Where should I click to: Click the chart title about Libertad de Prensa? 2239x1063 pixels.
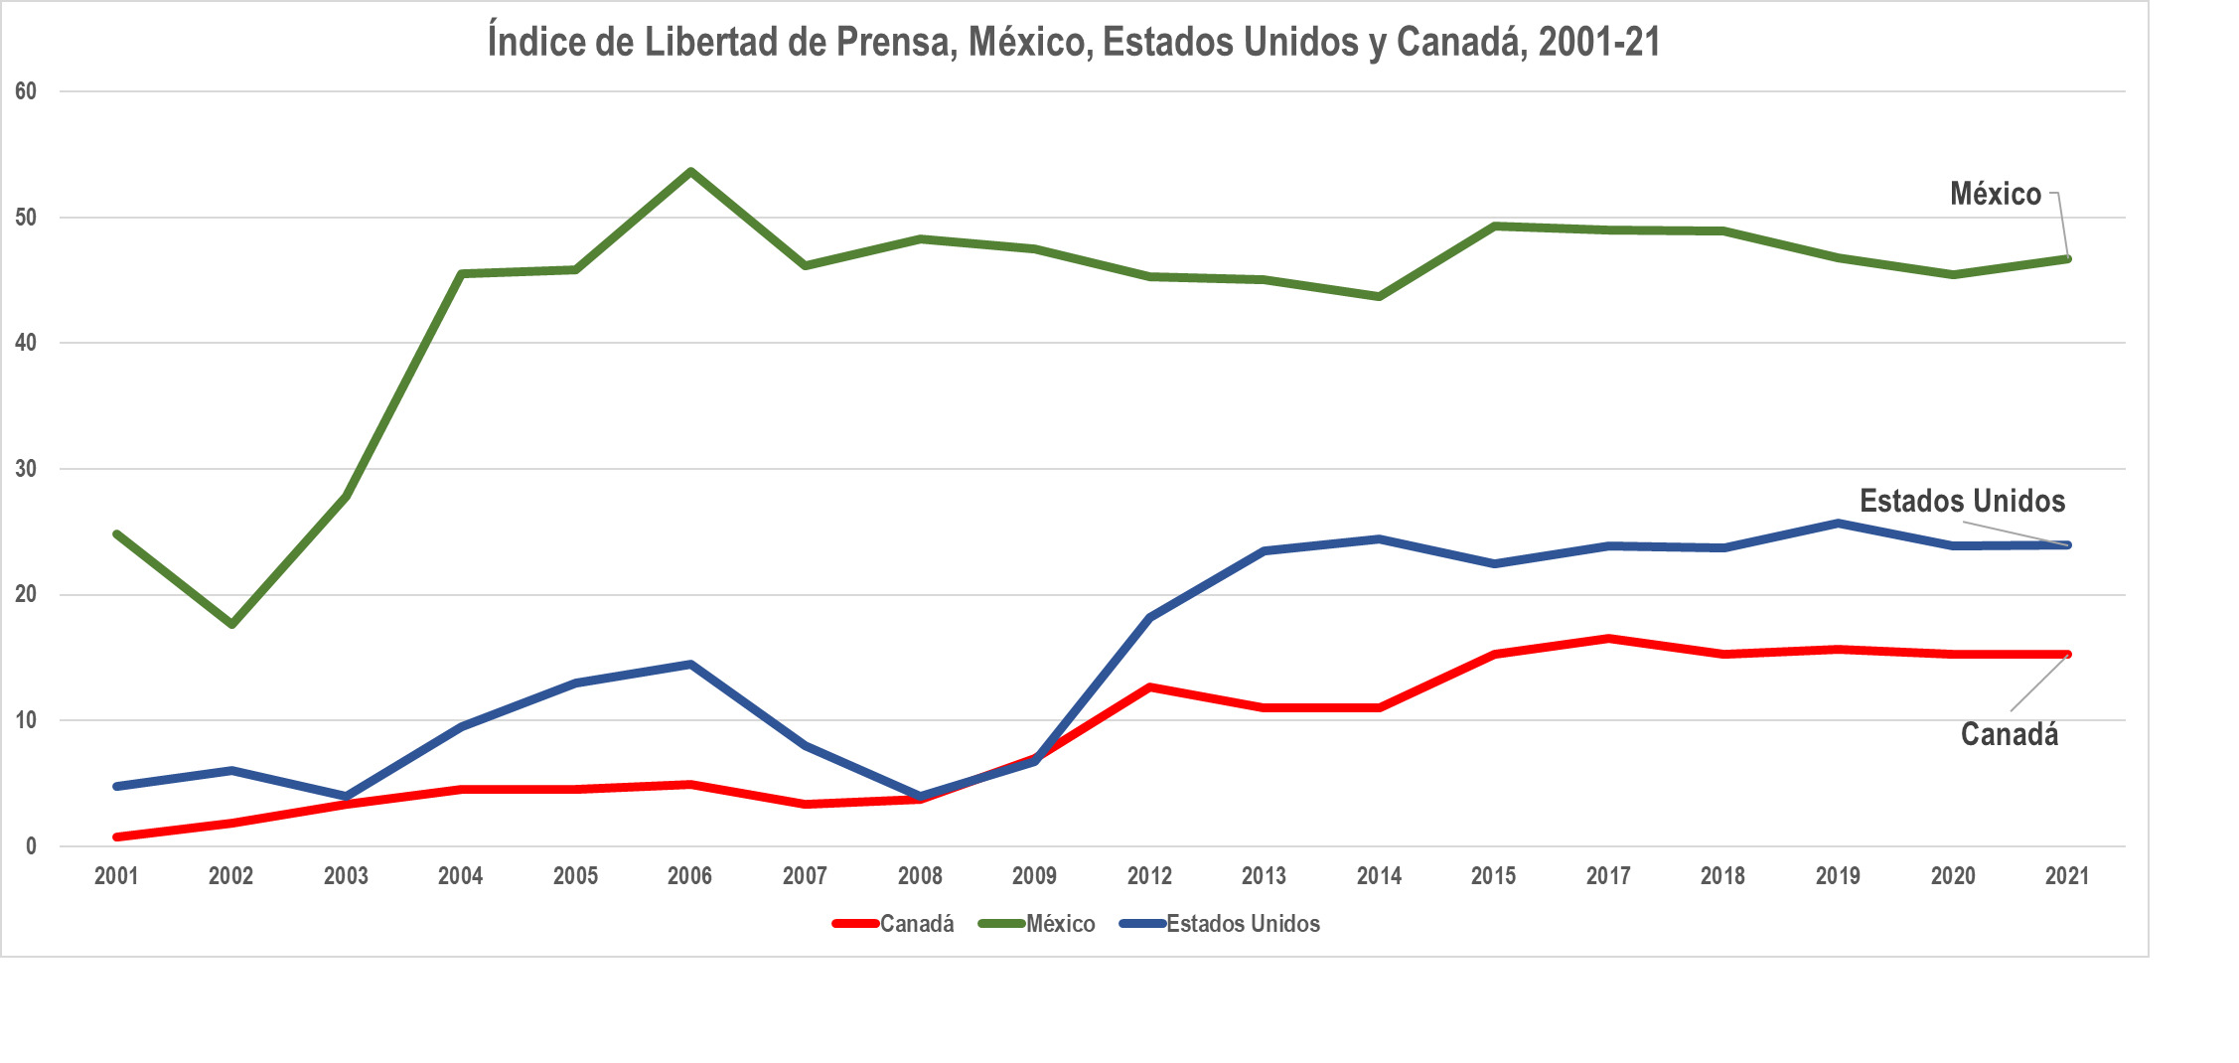(x=1074, y=42)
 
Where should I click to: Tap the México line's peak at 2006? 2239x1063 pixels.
(x=690, y=172)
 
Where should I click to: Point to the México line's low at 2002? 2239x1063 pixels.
(x=231, y=624)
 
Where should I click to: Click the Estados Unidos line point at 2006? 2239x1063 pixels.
(x=690, y=664)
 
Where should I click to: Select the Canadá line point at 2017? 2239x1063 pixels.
(x=1608, y=639)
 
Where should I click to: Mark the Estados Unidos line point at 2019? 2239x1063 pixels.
(x=1838, y=524)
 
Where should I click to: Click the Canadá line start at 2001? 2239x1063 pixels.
(x=117, y=836)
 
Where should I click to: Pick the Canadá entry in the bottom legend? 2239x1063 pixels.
(x=893, y=924)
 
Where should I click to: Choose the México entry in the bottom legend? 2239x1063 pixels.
(x=1037, y=924)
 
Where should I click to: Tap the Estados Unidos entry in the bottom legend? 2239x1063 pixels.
(x=1220, y=924)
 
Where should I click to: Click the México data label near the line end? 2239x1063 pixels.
(x=1996, y=194)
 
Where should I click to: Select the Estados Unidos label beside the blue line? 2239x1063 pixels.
(x=1962, y=501)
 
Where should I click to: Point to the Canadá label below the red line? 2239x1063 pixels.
(x=2010, y=735)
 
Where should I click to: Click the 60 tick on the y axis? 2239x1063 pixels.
(x=26, y=91)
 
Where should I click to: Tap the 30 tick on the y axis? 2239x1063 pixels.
(x=26, y=469)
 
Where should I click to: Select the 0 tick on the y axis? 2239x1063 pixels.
(x=31, y=846)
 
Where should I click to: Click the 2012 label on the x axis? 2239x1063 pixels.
(x=1149, y=876)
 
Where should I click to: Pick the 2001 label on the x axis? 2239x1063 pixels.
(x=116, y=876)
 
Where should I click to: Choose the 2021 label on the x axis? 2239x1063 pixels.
(x=2067, y=876)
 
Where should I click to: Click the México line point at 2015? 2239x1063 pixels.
(x=1494, y=227)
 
